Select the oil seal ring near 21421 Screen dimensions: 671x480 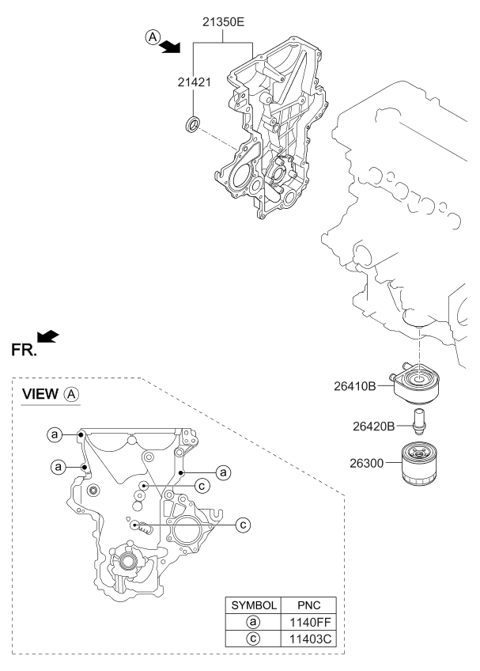192,123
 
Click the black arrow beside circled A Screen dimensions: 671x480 169,46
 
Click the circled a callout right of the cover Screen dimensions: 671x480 224,472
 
